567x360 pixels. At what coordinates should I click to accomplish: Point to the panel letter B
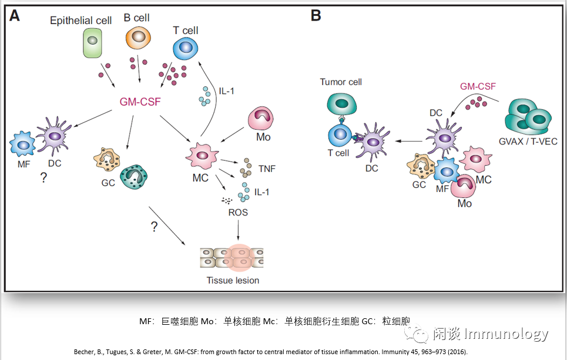pos(316,15)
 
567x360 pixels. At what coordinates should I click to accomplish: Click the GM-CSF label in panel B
pos(478,86)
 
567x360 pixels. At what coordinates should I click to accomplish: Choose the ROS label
pos(238,212)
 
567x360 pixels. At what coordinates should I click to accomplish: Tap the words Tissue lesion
pos(233,280)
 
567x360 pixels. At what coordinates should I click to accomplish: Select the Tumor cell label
pos(341,82)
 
